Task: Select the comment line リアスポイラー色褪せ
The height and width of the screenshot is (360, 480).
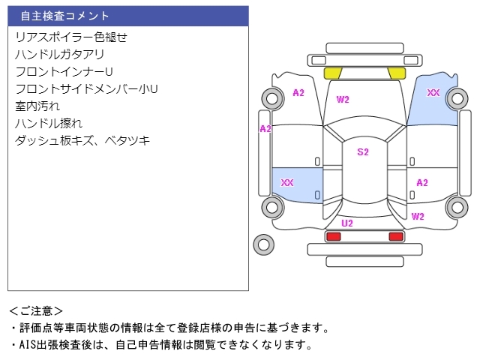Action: [71, 37]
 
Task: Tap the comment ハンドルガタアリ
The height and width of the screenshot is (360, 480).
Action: [59, 54]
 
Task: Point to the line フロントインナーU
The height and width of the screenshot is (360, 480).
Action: [64, 71]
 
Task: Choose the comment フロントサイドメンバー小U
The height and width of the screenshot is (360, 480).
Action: [86, 88]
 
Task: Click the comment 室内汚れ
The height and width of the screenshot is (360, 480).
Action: [37, 106]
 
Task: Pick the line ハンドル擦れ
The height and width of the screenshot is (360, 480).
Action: [48, 123]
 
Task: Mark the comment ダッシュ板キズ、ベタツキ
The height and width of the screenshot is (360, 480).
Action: [82, 140]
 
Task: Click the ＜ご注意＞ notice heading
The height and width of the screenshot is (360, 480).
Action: [36, 310]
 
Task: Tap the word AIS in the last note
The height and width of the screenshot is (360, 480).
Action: [27, 345]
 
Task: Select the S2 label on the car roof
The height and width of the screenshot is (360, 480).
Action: [363, 152]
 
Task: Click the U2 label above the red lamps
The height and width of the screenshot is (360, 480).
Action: [347, 223]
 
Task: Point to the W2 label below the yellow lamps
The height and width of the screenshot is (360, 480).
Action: [343, 99]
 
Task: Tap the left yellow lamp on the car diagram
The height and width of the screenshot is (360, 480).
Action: [332, 73]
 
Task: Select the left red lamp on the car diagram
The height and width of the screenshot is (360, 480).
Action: [333, 236]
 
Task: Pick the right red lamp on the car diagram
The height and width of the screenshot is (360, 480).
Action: [395, 236]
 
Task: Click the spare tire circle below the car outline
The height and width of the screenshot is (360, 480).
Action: [262, 244]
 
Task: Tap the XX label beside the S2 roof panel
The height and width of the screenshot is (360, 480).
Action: [286, 183]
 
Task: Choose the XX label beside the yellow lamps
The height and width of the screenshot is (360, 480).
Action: [433, 93]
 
